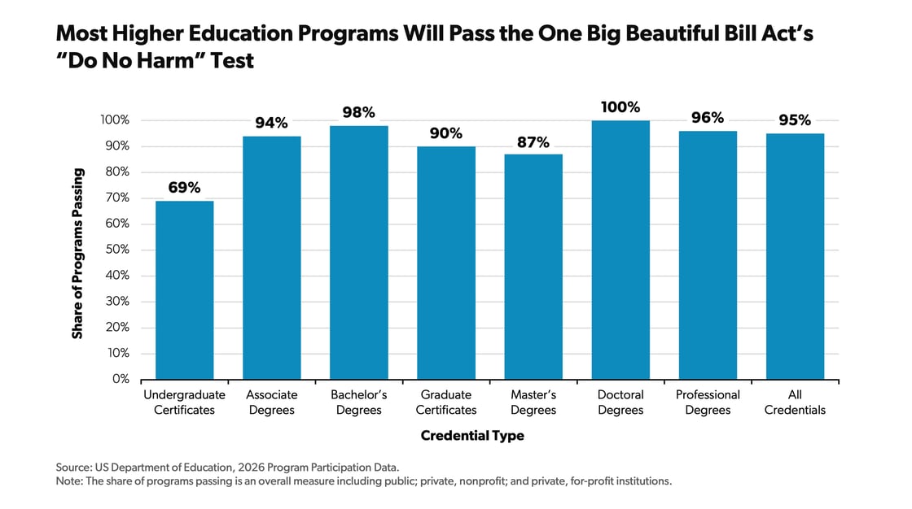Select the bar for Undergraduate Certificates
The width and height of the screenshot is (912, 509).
(184, 290)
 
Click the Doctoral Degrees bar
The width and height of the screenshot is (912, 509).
(620, 250)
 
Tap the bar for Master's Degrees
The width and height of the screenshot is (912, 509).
(533, 267)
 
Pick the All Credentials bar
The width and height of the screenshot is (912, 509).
(795, 256)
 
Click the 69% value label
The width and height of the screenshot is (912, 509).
(184, 188)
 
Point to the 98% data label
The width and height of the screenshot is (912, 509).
(358, 113)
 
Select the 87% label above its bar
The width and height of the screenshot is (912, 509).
(533, 141)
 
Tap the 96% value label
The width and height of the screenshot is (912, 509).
(708, 118)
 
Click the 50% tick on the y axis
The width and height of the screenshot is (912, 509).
(117, 250)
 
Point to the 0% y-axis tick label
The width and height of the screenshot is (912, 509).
(121, 379)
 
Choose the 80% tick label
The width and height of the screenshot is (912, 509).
(117, 172)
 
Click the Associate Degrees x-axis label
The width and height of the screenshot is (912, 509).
(271, 402)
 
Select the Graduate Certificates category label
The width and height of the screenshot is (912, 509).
(446, 402)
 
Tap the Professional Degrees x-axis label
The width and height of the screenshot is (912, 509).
(708, 402)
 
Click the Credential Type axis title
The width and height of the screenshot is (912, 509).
(472, 437)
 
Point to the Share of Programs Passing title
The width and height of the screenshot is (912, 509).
(77, 253)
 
